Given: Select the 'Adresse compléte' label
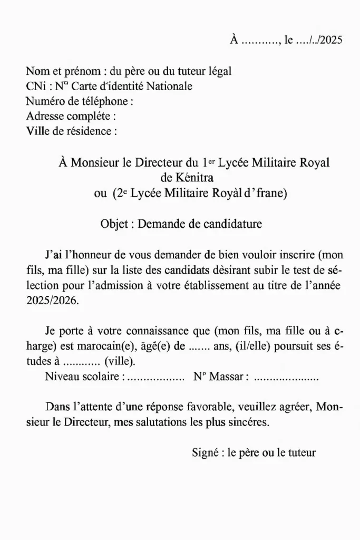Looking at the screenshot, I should [69, 115].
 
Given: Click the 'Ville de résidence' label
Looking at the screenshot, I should [69, 130].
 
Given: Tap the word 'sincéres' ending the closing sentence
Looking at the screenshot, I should [249, 422].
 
